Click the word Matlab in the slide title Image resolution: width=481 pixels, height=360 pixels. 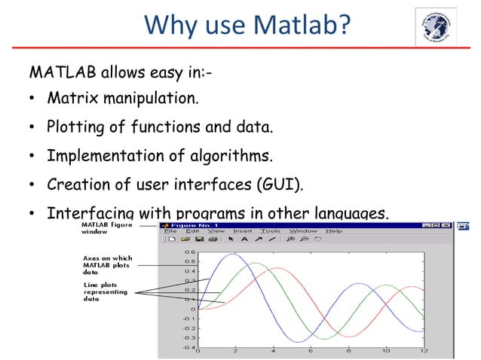click(308, 29)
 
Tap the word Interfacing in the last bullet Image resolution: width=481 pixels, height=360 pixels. click(90, 214)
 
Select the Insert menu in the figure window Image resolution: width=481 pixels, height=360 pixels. click(244, 231)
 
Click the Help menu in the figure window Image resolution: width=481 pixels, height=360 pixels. click(334, 231)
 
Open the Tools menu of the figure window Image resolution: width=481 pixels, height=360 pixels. click(271, 231)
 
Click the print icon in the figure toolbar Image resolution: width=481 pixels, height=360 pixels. click(212, 239)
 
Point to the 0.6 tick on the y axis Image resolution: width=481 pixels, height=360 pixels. click(189, 252)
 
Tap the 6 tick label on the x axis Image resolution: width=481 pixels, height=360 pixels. click(310, 351)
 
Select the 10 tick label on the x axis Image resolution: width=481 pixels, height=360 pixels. click(385, 351)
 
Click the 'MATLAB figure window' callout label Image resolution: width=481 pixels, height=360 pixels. click(105, 228)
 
